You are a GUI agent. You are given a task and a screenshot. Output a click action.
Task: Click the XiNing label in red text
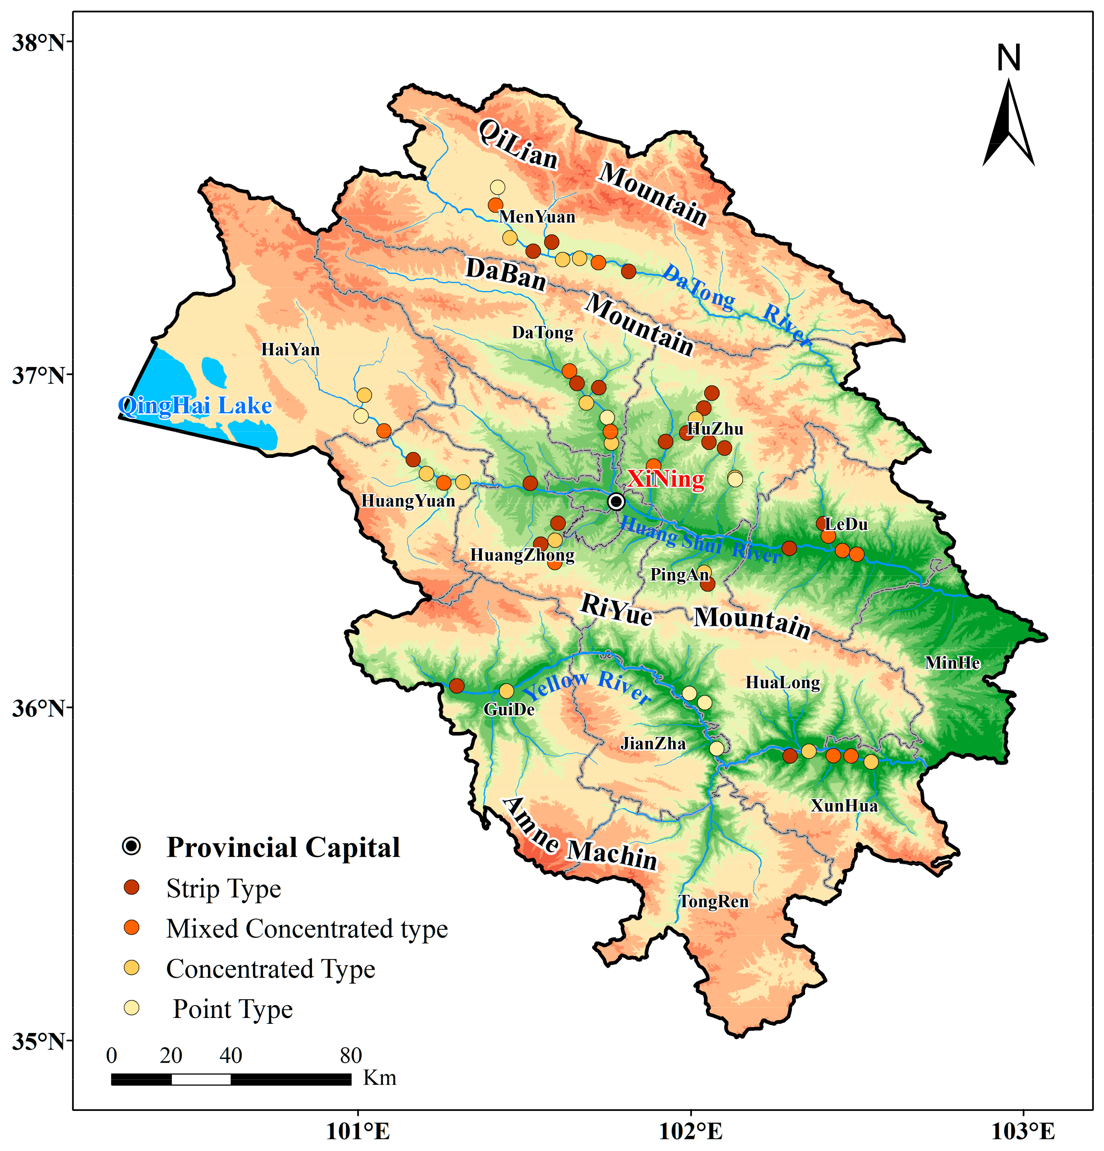click(x=665, y=479)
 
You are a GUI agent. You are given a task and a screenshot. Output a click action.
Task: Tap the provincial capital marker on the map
click(x=615, y=501)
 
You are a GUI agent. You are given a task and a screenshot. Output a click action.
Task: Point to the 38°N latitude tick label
click(x=38, y=43)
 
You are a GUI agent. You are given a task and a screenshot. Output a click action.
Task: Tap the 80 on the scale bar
click(x=351, y=1055)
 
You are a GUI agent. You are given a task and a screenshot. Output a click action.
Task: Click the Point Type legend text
click(x=233, y=1009)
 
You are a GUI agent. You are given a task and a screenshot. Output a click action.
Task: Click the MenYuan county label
click(x=537, y=217)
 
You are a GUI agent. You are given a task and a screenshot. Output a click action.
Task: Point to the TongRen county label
click(x=713, y=902)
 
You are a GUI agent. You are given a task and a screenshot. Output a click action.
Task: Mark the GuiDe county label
click(x=509, y=709)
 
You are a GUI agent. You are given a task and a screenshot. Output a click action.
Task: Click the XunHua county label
click(x=844, y=805)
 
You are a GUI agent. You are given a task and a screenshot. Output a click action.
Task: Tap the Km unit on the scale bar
click(x=379, y=1077)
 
